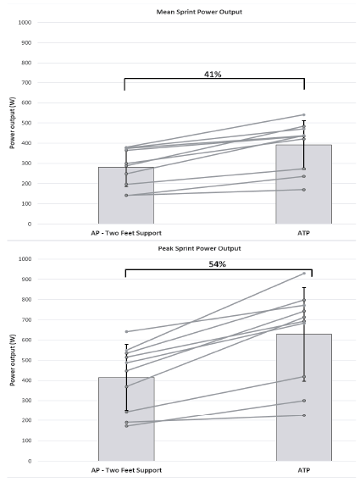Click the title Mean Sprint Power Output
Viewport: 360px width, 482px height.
coord(199,12)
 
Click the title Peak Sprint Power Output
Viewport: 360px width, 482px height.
coord(199,248)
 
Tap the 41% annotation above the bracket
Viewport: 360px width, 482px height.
coord(213,74)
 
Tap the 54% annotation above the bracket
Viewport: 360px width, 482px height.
coord(218,264)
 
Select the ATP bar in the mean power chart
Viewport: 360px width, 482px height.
coord(304,185)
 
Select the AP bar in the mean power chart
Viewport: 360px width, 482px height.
coord(126,196)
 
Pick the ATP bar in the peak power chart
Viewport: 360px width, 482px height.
coord(304,397)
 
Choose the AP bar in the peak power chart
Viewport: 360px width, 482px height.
coord(126,419)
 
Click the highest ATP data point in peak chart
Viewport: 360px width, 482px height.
coord(304,274)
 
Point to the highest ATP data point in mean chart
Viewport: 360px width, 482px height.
coord(304,115)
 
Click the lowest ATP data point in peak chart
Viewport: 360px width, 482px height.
coord(304,415)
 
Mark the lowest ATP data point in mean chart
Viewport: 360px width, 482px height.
coord(304,190)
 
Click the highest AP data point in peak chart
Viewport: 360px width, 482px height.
coord(126,332)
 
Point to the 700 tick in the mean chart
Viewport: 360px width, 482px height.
coord(26,83)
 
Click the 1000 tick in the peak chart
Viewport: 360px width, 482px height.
coord(25,259)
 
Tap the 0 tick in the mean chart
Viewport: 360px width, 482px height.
coord(30,224)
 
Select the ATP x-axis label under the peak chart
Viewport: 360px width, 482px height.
coord(304,470)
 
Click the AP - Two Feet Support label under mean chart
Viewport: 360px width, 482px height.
coord(126,233)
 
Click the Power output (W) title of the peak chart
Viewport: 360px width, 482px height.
coord(13,360)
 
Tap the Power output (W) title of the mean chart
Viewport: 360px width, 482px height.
coord(13,123)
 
